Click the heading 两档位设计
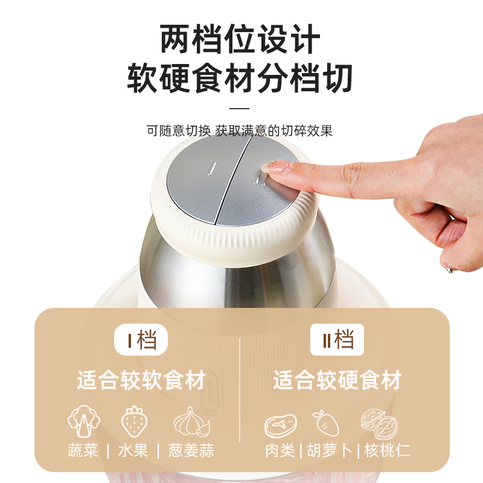[x=240, y=40]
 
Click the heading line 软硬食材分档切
[x=240, y=78]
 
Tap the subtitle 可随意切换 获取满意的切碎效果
[x=240, y=130]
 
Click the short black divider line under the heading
[x=239, y=109]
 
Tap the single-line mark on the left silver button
[x=213, y=168]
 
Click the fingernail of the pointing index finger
[x=277, y=168]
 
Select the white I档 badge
[x=141, y=340]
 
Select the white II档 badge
[x=337, y=340]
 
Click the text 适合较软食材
[x=141, y=380]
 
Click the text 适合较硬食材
[x=337, y=380]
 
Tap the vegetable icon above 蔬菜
[x=84, y=421]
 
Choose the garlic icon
[x=191, y=421]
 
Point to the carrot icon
[x=326, y=423]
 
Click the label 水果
[x=133, y=450]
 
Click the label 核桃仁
[x=387, y=450]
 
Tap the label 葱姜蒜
[x=191, y=450]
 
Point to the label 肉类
[x=280, y=450]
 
